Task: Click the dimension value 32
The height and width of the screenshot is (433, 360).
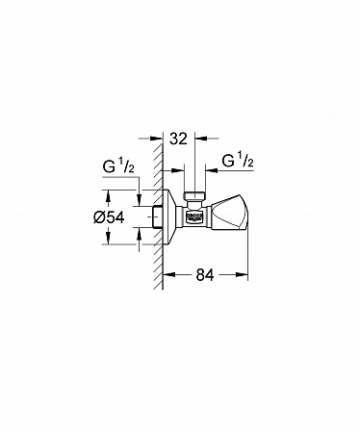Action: [178, 139]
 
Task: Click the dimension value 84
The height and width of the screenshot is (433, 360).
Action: [205, 275]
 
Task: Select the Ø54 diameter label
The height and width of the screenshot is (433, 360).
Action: [109, 217]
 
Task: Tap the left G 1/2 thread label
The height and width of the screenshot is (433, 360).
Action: [118, 166]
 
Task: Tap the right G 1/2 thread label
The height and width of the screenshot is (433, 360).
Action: [238, 161]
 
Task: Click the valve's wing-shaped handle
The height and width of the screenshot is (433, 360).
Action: [230, 212]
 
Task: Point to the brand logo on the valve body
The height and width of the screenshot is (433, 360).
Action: [195, 216]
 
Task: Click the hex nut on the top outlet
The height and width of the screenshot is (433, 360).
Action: [194, 195]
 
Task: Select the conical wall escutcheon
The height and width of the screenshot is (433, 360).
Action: [169, 216]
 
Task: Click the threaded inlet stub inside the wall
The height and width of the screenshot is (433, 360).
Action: [157, 216]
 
